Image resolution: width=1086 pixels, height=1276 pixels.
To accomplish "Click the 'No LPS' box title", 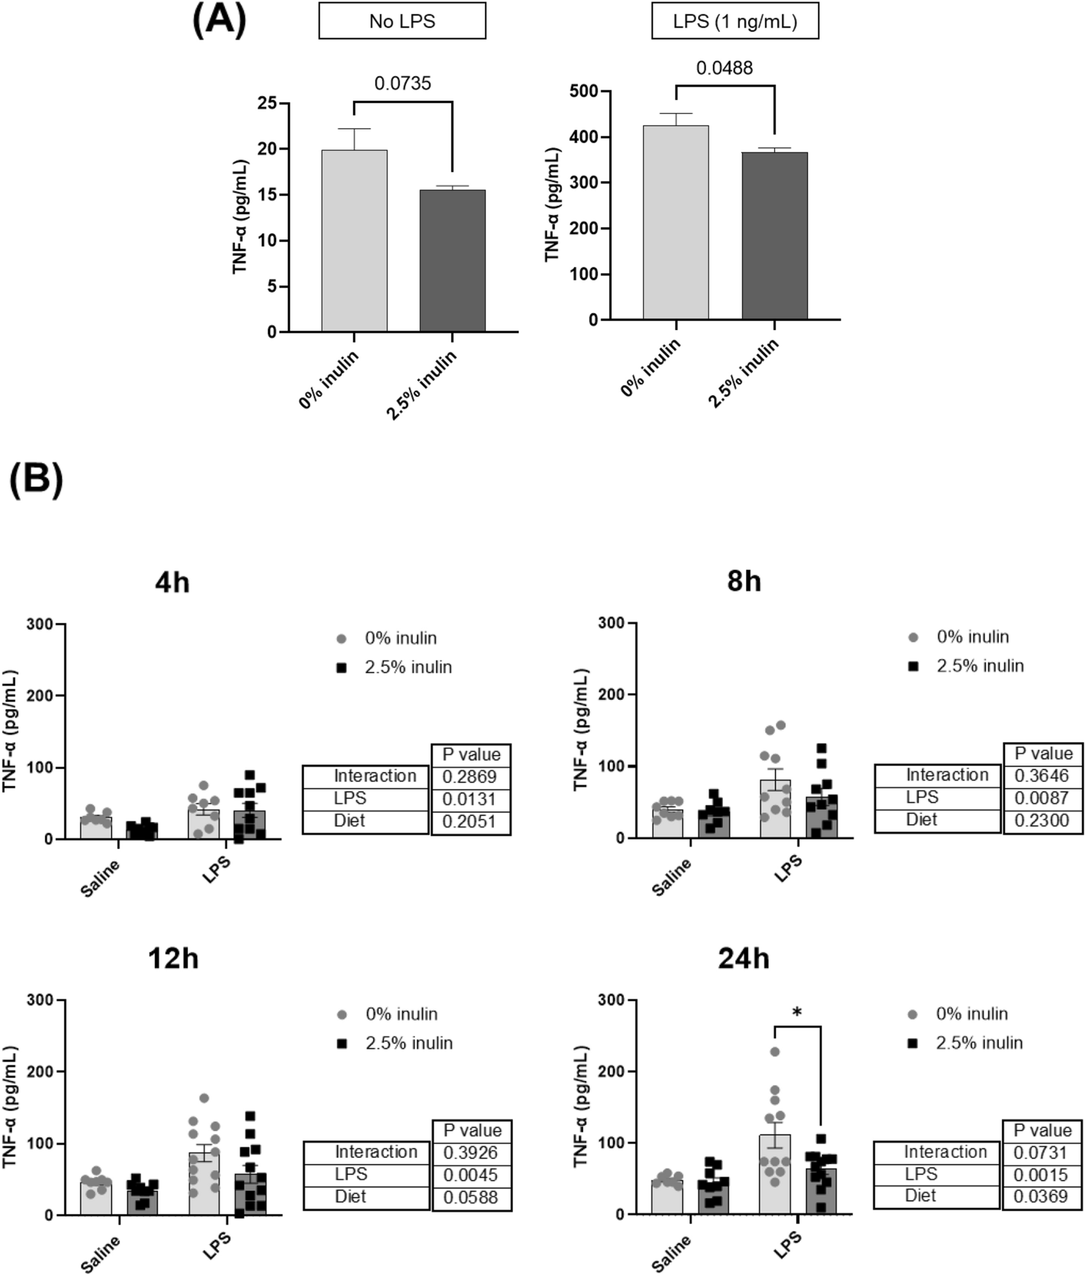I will click(x=402, y=21).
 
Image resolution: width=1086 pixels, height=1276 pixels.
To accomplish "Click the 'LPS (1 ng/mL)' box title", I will click(x=735, y=21).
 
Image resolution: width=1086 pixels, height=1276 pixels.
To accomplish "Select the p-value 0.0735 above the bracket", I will click(x=402, y=83).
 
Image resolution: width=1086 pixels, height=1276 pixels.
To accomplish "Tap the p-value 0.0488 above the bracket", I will click(x=724, y=67).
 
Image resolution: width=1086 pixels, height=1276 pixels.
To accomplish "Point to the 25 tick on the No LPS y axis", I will click(x=267, y=103).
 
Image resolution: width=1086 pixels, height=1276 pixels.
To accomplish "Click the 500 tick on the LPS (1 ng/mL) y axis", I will click(x=583, y=91).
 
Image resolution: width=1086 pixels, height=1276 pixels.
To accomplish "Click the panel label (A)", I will click(x=219, y=20).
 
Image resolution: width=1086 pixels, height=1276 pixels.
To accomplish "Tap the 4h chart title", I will click(x=172, y=582).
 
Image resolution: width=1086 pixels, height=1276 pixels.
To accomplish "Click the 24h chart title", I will click(x=743, y=958).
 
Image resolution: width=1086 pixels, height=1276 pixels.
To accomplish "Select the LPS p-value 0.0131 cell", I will click(x=471, y=799).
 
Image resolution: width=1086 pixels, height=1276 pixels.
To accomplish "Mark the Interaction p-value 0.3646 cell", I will click(x=1042, y=775).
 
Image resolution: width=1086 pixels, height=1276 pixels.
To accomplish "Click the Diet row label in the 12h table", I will click(x=351, y=1197).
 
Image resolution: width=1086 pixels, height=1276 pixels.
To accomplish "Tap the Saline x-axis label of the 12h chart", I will click(x=101, y=1253).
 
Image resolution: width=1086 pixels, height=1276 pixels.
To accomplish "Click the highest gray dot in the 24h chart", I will click(x=774, y=1052).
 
